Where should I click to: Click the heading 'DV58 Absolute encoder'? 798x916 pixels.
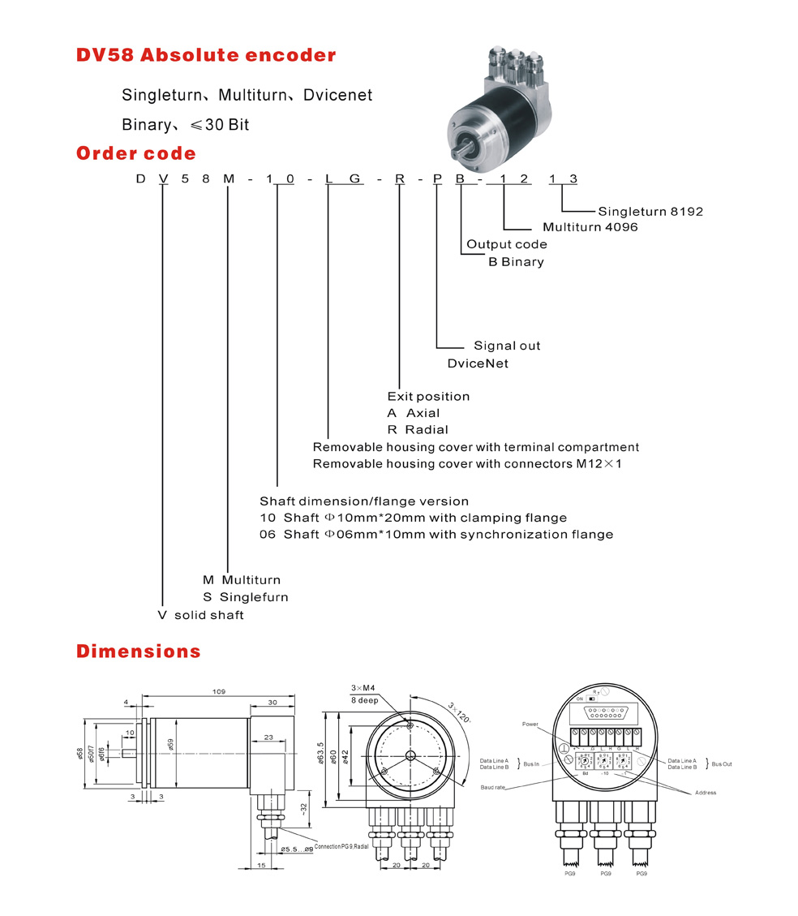[x=205, y=56]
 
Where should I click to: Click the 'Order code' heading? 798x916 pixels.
[x=136, y=153]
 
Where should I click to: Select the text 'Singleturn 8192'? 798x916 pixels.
[x=650, y=212]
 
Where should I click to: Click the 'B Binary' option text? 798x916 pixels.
[x=516, y=262]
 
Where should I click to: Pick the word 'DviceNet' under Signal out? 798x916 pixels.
[x=478, y=363]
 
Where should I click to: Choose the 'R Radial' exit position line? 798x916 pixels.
[x=418, y=429]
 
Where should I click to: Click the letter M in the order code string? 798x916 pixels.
[x=229, y=179]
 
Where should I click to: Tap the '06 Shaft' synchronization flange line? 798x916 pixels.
[x=436, y=535]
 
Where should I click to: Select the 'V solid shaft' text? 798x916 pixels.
[x=200, y=615]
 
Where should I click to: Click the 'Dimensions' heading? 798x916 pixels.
[x=139, y=652]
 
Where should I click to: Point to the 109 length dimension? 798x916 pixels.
[x=218, y=692]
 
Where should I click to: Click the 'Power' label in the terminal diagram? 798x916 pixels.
[x=530, y=724]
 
